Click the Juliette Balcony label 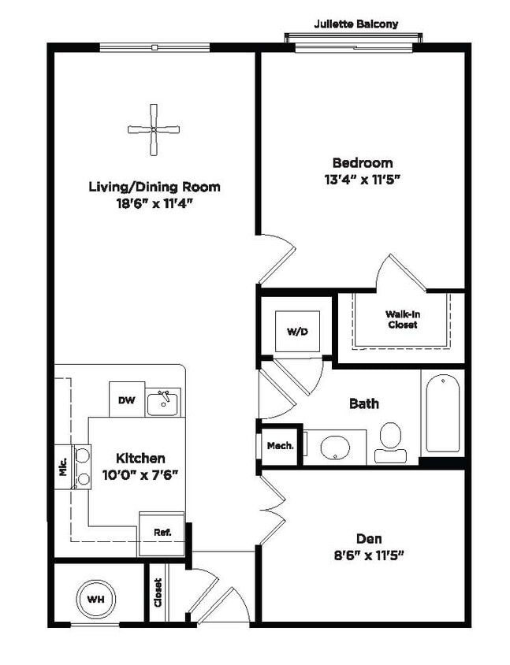pyautogui.click(x=356, y=24)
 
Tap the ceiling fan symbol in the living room pyautogui.click(x=154, y=129)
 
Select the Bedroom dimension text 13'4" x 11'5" pyautogui.click(x=362, y=180)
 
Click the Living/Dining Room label pyautogui.click(x=154, y=187)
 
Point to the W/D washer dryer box pyautogui.click(x=296, y=332)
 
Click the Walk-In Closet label pyautogui.click(x=402, y=319)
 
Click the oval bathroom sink pyautogui.click(x=336, y=447)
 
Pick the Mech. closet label pyautogui.click(x=280, y=446)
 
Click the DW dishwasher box pyautogui.click(x=127, y=400)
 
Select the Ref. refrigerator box pyautogui.click(x=162, y=533)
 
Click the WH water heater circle pyautogui.click(x=96, y=600)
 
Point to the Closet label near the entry pyautogui.click(x=158, y=593)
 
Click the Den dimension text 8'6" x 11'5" pyautogui.click(x=368, y=556)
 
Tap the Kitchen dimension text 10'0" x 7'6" pyautogui.click(x=140, y=475)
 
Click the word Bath pyautogui.click(x=363, y=403)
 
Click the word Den pyautogui.click(x=368, y=539)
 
